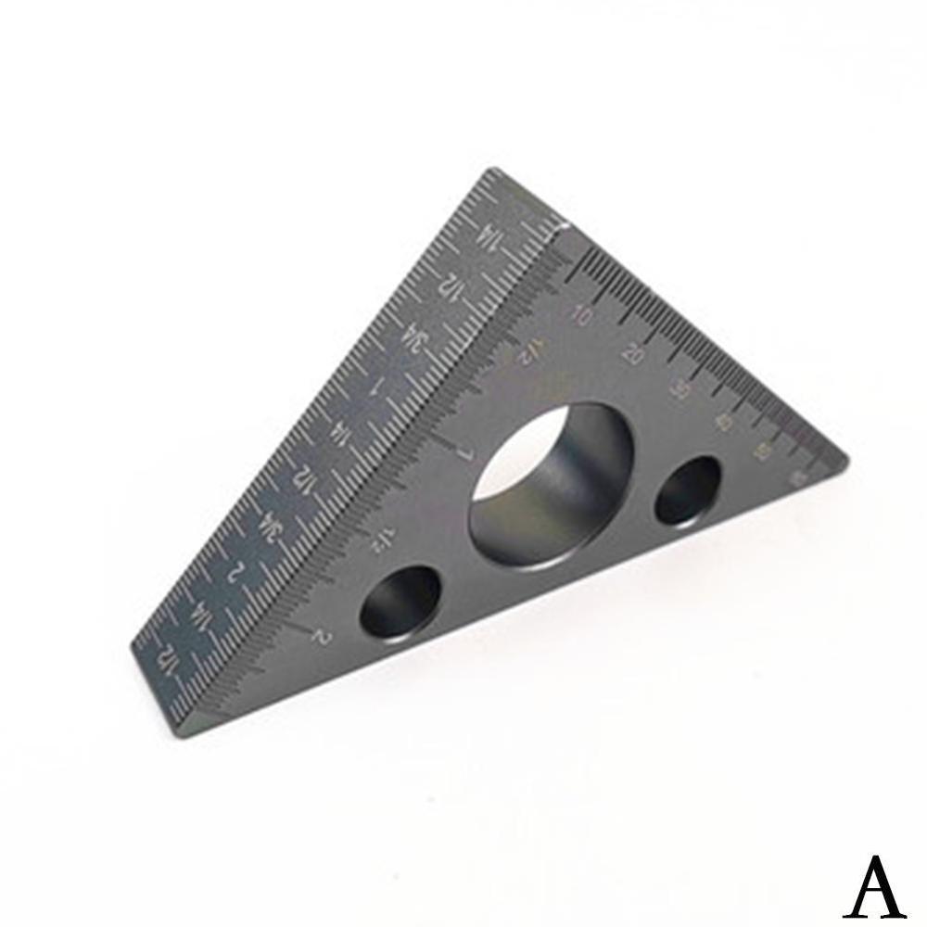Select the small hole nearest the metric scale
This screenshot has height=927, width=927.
[687, 490]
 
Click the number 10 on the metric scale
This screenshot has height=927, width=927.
[583, 315]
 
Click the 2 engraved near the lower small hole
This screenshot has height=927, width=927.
[322, 636]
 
